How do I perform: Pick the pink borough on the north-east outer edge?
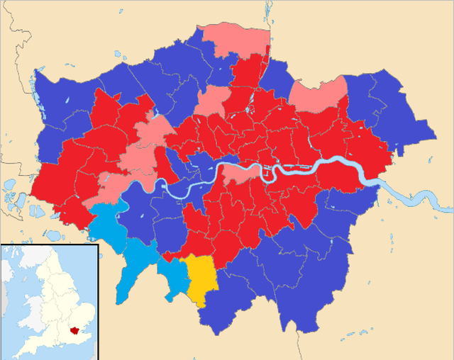pyautogui.click(x=318, y=96)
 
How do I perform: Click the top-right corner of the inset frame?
pyautogui.click(x=97, y=244)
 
